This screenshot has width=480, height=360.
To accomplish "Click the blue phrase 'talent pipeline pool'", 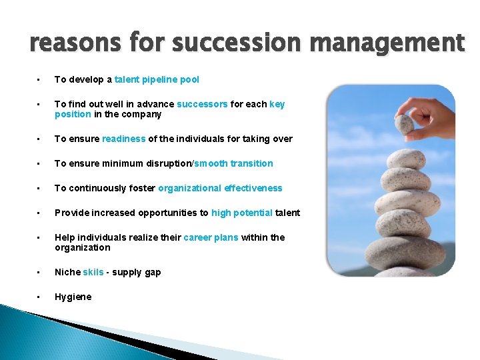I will [157, 79].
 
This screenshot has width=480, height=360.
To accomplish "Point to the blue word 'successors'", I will [202, 104].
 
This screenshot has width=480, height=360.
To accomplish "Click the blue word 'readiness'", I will [123, 139].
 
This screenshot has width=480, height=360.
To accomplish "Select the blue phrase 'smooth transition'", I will [233, 163].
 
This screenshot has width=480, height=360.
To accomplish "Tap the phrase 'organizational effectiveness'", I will [220, 188].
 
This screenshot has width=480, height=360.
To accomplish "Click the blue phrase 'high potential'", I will [241, 213].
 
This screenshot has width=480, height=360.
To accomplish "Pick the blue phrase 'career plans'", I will [211, 237].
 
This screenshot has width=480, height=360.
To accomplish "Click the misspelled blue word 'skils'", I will [93, 272].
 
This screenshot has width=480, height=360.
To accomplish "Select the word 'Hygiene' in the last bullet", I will [73, 297].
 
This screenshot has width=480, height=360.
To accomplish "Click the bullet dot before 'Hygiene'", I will [39, 297].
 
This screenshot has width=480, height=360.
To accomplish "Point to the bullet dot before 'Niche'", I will [39, 272].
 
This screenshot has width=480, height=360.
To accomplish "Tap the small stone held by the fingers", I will [404, 124].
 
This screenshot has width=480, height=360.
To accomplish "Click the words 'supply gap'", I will [136, 272].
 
